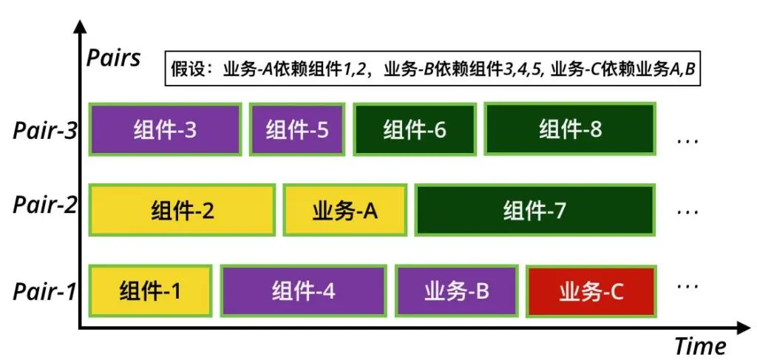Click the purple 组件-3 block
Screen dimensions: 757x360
pos(165,130)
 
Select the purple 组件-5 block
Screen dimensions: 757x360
pos(296,130)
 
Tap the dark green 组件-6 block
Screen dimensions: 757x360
pos(414,130)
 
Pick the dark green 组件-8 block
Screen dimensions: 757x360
pos(570,129)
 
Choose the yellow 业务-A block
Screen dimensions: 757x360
pos(344,211)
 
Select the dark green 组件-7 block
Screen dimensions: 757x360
pos(534,211)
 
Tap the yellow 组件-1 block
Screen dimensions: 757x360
pos(151,291)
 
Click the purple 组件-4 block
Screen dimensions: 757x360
pos(303,291)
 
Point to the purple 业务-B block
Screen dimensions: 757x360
pos(456,291)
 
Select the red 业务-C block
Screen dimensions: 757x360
pos(591,291)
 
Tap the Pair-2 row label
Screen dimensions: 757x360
pos(44,204)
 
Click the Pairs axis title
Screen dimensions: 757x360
pos(113,58)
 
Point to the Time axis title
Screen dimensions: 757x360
pos(699,345)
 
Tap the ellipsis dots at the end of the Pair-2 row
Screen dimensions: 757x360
pos(688,212)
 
